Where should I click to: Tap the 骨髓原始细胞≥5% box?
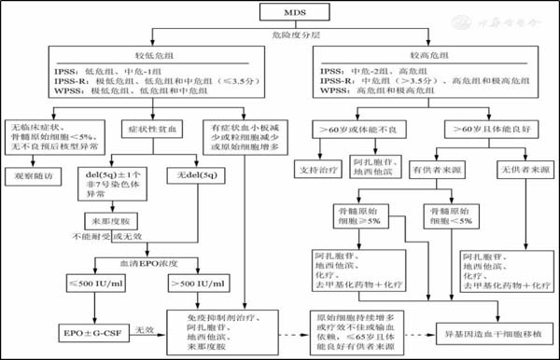(x=360, y=217)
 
